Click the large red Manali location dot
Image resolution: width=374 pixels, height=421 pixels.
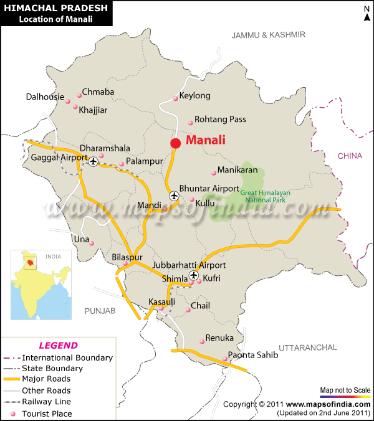(176, 143)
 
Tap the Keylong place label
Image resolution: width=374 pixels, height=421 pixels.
(195, 96)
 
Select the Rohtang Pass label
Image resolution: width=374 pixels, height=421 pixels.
(220, 119)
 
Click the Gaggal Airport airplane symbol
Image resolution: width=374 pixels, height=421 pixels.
(93, 162)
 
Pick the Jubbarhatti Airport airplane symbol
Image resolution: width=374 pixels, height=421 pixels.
(193, 275)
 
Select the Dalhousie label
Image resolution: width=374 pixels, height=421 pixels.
(45, 97)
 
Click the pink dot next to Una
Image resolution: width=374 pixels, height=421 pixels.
(92, 243)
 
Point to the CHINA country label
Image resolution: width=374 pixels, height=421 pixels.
(350, 156)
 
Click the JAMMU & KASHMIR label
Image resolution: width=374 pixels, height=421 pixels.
(268, 35)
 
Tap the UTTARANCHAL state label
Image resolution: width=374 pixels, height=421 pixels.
(308, 347)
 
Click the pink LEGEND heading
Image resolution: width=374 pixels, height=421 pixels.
(58, 346)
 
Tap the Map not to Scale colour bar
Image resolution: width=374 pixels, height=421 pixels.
(345, 396)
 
